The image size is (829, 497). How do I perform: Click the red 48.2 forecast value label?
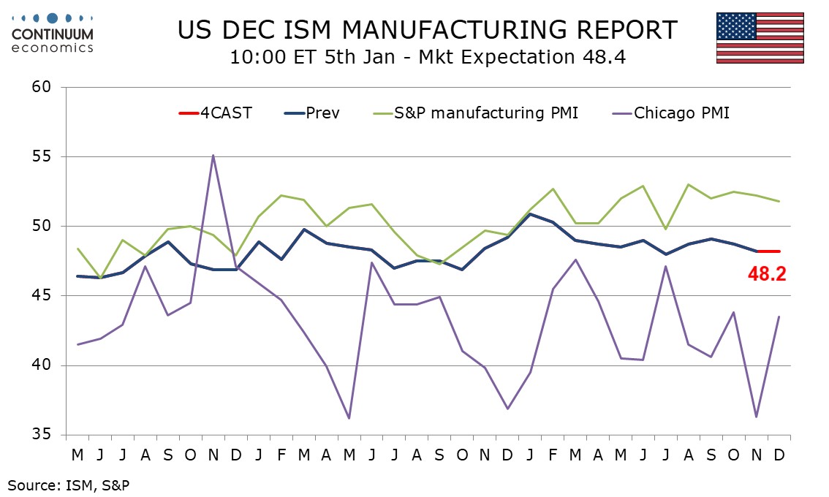766,275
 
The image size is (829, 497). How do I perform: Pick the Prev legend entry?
313,113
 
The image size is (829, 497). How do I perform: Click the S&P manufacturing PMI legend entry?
475,113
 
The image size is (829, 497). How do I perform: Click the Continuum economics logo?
53,33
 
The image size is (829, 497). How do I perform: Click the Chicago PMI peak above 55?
213,155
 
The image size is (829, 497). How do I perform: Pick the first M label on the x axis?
77,455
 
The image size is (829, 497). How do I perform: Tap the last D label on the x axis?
779,455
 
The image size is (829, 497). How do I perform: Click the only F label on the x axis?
281,455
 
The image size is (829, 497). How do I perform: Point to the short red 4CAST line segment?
768,251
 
